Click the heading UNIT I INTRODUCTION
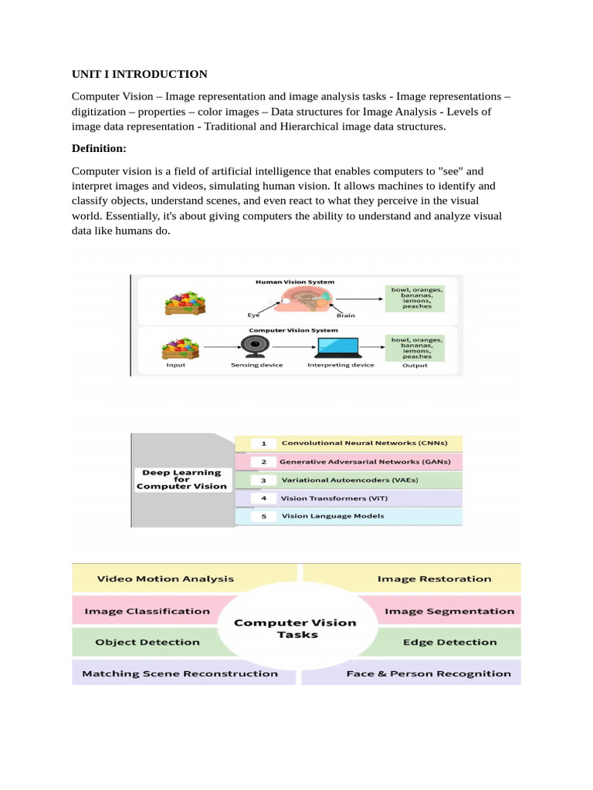pyautogui.click(x=139, y=74)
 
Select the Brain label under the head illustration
pyautogui.click(x=344, y=315)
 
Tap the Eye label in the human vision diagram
pyautogui.click(x=253, y=315)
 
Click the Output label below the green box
pyautogui.click(x=415, y=365)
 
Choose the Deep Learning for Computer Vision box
pyautogui.click(x=182, y=479)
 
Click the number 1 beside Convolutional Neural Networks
pyautogui.click(x=263, y=444)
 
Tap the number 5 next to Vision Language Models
pyautogui.click(x=263, y=516)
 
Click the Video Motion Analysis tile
pyautogui.click(x=165, y=578)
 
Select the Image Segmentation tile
pyautogui.click(x=449, y=611)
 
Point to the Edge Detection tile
pyautogui.click(x=449, y=642)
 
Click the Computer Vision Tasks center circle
pyautogui.click(x=296, y=629)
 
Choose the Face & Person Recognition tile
pyautogui.click(x=429, y=674)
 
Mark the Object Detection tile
pyautogui.click(x=147, y=642)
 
